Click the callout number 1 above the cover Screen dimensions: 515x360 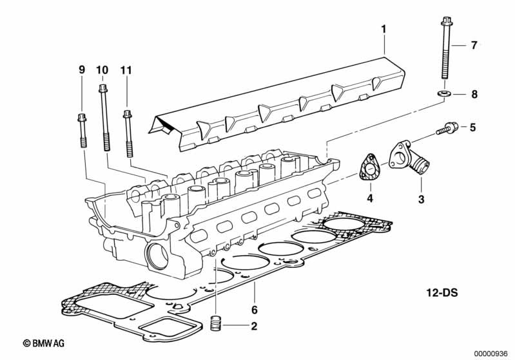(384, 29)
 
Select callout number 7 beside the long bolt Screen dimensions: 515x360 (474, 45)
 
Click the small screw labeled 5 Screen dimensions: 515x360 (447, 128)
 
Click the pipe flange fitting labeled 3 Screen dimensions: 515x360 (409, 158)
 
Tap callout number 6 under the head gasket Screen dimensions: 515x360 (254, 310)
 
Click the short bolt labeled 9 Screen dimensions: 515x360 (83, 130)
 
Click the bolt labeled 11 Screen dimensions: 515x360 (128, 133)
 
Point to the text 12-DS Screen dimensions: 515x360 (442, 292)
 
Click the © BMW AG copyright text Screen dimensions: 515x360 (44, 343)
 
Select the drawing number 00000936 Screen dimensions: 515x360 (491, 354)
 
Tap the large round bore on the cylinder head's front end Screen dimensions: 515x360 (157, 256)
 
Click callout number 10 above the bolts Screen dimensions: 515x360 (102, 70)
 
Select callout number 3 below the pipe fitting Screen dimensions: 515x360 (421, 199)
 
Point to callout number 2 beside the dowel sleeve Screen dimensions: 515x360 (254, 326)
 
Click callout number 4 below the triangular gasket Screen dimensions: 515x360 (370, 198)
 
